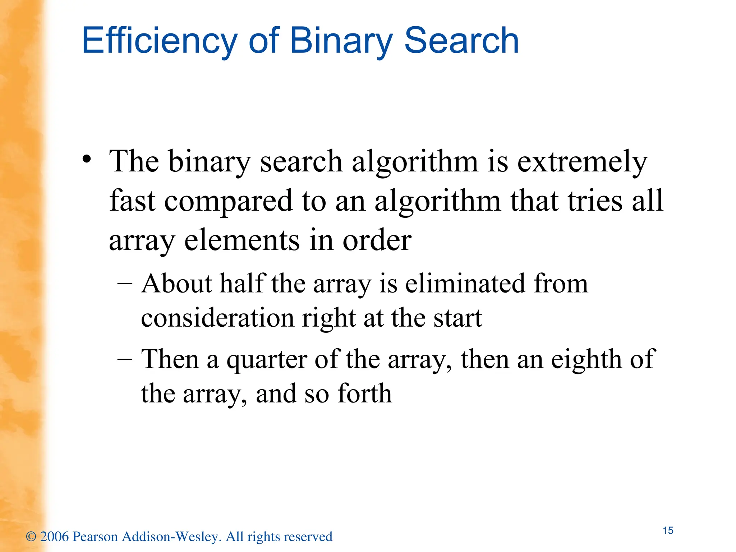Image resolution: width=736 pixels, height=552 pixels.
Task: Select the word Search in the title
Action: click(x=461, y=41)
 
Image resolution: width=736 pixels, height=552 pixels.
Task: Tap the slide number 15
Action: click(x=668, y=530)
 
